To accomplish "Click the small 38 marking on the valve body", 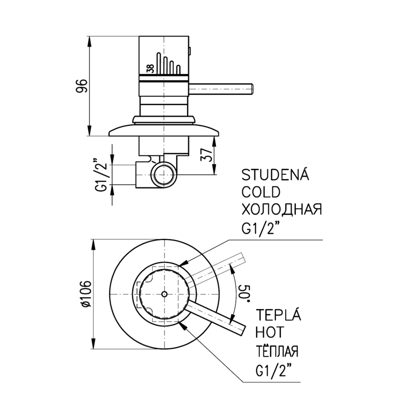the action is click(x=150, y=69).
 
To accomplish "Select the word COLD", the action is click(x=260, y=192).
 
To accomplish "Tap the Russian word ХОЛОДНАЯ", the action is click(x=282, y=210).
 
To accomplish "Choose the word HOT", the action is click(x=270, y=332).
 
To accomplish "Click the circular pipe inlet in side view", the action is click(x=164, y=175).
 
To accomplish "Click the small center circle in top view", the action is click(x=165, y=294).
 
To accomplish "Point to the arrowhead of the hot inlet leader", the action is click(x=183, y=325).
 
